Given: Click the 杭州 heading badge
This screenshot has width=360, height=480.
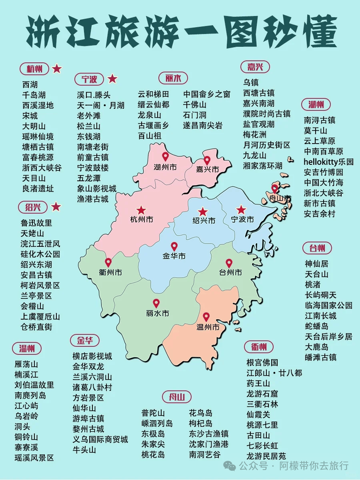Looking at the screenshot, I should pos(34,69).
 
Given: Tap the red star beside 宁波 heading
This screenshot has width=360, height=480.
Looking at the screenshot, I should pos(112,79).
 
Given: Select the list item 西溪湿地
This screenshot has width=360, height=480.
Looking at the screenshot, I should pos(38,105).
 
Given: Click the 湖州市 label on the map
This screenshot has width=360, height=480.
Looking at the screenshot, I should pos(165,167).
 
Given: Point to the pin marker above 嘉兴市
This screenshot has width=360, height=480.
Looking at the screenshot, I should pos(207,160).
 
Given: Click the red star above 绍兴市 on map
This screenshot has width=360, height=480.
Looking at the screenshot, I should pos(203,212).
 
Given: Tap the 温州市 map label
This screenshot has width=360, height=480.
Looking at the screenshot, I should pos(208,327).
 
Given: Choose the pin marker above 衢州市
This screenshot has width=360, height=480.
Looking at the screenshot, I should pos(108,263).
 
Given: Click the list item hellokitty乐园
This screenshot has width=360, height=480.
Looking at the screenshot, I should pos(328,162).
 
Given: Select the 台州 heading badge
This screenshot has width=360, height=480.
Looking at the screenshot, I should pos(317,248).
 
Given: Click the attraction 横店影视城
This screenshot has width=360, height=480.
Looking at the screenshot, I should pos(92,356).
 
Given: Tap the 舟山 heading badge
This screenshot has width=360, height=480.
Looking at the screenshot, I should pos(176,397).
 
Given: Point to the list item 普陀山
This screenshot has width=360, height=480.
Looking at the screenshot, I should pos(153,413).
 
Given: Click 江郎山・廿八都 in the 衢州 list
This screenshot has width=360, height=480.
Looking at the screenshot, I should pos(274,373).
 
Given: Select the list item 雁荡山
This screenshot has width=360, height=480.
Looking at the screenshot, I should pos(26,364).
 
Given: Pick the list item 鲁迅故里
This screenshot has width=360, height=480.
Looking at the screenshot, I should pos(36,223).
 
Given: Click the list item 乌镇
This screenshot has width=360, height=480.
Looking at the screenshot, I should pos(251,82).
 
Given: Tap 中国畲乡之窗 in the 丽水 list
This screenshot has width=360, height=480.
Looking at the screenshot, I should pos(207,94).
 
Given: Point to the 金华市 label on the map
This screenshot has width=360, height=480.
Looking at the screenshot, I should pos(174,256).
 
